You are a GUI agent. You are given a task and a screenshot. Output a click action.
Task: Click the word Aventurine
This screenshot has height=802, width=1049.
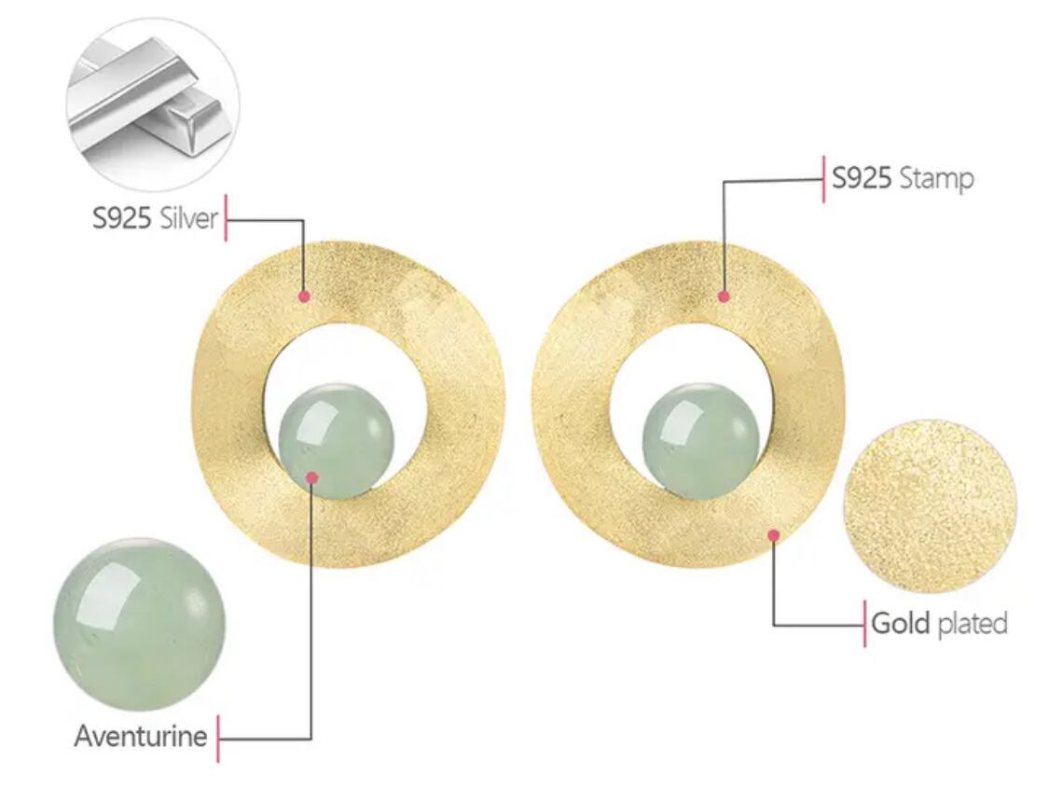pyautogui.click(x=141, y=736)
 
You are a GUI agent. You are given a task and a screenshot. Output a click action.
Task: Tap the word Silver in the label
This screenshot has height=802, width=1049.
pyautogui.click(x=188, y=218)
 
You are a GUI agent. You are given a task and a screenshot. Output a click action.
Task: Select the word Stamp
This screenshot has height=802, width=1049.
pyautogui.click(x=936, y=179)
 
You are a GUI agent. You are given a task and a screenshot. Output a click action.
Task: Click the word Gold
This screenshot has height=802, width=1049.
pyautogui.click(x=901, y=623)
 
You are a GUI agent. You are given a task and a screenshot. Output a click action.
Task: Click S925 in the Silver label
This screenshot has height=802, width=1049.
pyautogui.click(x=121, y=218)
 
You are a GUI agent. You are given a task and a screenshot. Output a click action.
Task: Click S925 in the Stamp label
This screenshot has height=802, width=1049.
pyautogui.click(x=862, y=178)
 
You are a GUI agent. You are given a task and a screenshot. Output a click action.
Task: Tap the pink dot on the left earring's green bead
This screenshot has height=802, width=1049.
pyautogui.click(x=311, y=477)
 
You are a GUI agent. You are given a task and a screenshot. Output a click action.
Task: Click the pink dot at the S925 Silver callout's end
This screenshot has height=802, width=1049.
pyautogui.click(x=304, y=296)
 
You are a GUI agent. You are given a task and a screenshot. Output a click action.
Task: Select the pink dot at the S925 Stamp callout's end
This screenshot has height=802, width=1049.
pyautogui.click(x=724, y=296)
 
